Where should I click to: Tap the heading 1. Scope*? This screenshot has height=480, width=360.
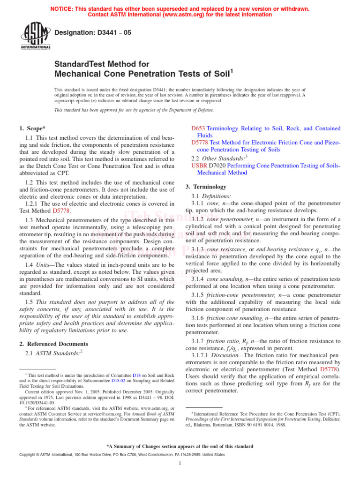tap(32, 128)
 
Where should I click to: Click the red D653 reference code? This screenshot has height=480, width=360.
tap(198, 128)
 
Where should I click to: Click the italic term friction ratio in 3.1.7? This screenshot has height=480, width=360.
tap(221, 341)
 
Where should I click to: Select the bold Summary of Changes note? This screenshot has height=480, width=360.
tap(180, 446)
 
